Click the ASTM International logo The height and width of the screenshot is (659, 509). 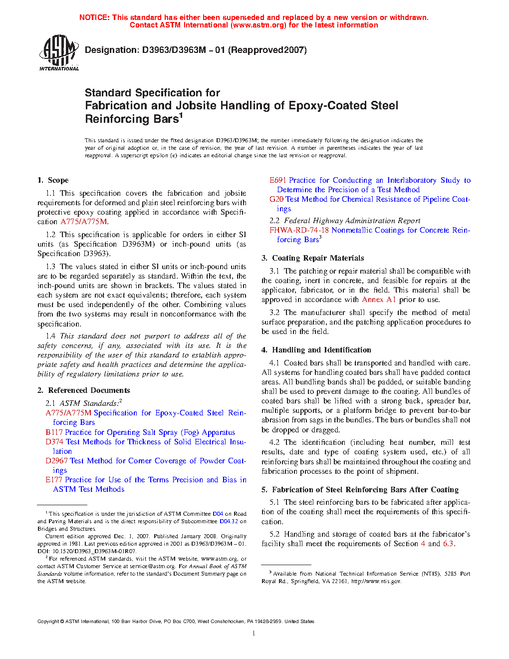pos(58,52)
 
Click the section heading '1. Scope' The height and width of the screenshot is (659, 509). pos(53,180)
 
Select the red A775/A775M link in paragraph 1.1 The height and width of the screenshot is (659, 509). pos(83,222)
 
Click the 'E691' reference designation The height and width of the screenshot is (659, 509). pos(277,180)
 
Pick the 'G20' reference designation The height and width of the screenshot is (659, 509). pos(276,199)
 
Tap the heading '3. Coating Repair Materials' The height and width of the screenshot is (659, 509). pos(312,258)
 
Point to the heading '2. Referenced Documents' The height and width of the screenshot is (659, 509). pos(84,390)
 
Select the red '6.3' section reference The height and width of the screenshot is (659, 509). pos(448,544)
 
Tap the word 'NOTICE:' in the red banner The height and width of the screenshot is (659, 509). pos(94,17)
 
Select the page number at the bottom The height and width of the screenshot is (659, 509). pos(254,634)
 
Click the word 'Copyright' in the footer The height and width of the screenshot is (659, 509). pos(48,622)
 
